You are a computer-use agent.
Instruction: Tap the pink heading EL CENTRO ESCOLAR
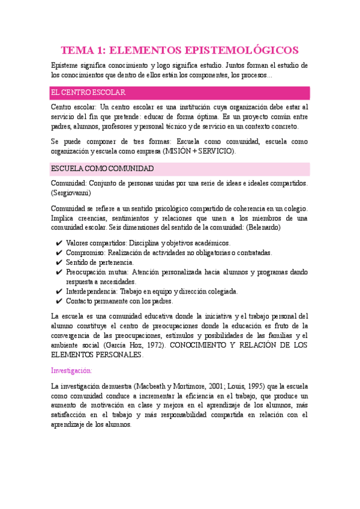coord(88,93)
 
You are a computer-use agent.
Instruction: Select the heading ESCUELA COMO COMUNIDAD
coord(103,169)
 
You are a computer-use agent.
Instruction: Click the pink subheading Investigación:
coord(71,370)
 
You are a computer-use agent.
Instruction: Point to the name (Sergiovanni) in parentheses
coord(71,193)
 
